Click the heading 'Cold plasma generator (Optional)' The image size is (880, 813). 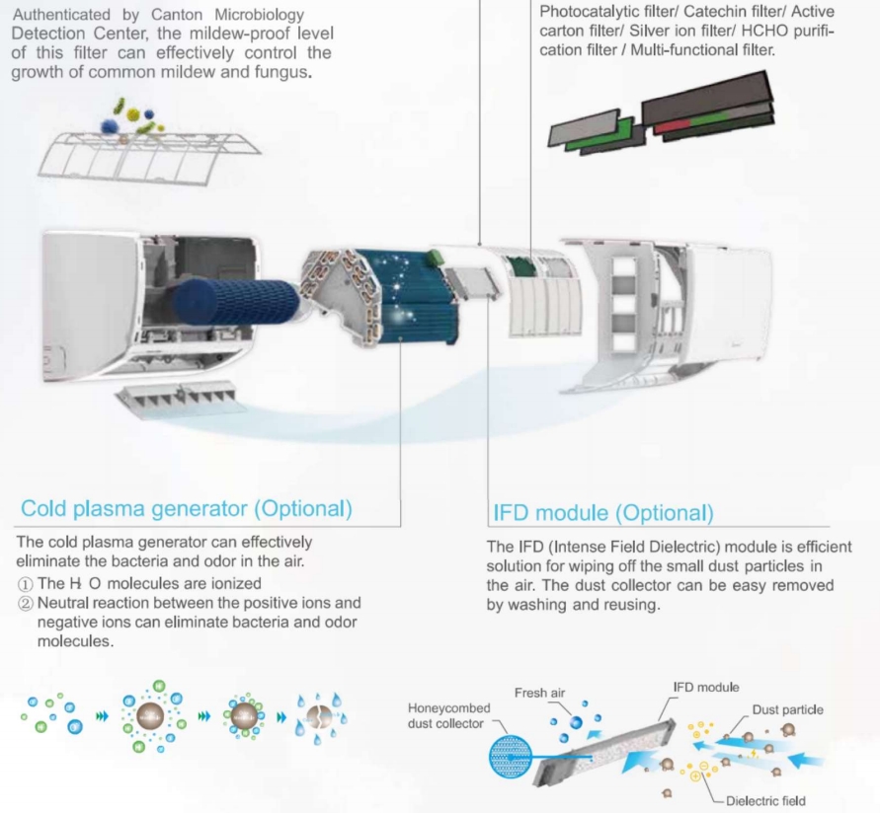pyautogui.click(x=187, y=508)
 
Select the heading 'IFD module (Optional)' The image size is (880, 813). pyautogui.click(x=603, y=513)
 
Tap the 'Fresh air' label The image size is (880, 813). pyautogui.click(x=539, y=693)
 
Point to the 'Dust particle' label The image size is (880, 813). pyautogui.click(x=787, y=709)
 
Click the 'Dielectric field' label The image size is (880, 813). pyautogui.click(x=765, y=801)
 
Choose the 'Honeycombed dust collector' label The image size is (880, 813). pyautogui.click(x=449, y=716)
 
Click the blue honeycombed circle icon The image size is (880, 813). pyautogui.click(x=511, y=757)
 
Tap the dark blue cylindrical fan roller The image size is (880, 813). pyautogui.click(x=236, y=302)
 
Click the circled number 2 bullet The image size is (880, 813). pyautogui.click(x=26, y=604)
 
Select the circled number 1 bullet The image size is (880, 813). pyautogui.click(x=26, y=584)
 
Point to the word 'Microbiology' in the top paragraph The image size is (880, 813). pyautogui.click(x=260, y=15)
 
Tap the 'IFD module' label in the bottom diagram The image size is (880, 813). pyautogui.click(x=706, y=688)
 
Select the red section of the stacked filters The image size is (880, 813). pyautogui.click(x=673, y=126)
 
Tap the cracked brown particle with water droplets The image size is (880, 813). pyautogui.click(x=319, y=716)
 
